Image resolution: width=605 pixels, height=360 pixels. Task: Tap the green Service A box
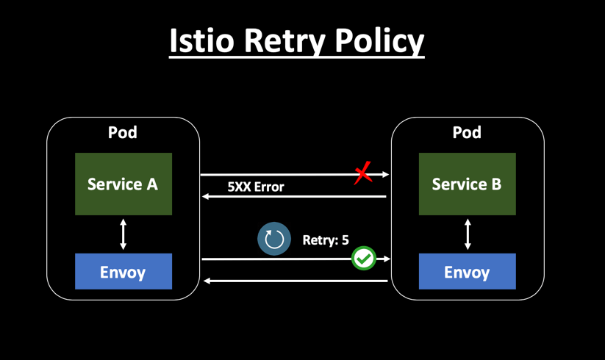123,184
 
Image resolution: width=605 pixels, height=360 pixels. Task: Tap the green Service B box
467,184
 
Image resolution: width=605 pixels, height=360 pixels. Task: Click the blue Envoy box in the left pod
123,272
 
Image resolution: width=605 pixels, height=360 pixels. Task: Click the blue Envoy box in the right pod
467,272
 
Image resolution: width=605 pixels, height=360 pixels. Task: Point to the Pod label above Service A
123,133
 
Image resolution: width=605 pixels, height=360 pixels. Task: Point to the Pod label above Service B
467,133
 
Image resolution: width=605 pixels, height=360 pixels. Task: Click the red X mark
362,174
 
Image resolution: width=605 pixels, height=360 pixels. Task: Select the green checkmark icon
363,259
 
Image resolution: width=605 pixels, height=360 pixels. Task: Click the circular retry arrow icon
274,240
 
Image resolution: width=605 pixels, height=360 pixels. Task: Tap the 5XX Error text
255,187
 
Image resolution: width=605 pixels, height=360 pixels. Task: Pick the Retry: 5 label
325,240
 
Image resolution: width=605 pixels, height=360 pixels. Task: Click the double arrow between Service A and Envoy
123,234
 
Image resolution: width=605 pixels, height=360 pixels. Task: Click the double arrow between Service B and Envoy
468,234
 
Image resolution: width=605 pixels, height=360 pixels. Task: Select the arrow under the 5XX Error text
294,197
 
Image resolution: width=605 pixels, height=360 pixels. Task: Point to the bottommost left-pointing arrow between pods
294,281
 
